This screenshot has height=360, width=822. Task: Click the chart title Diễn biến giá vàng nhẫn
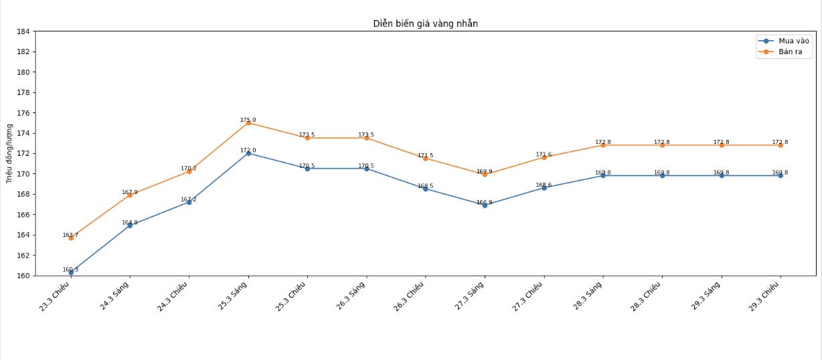[425, 23]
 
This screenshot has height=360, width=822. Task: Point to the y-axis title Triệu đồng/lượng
[9, 153]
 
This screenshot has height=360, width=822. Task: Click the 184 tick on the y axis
[23, 31]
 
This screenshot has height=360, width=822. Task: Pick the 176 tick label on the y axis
[23, 113]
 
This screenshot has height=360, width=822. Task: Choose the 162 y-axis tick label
[23, 256]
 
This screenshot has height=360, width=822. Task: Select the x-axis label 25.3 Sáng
[234, 296]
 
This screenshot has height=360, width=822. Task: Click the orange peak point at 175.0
[248, 123]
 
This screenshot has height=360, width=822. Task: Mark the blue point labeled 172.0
[248, 153]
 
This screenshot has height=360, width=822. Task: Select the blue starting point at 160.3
[71, 272]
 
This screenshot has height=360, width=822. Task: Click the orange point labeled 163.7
[71, 238]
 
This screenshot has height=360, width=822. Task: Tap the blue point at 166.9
[485, 205]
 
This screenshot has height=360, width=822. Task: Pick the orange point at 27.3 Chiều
[544, 157]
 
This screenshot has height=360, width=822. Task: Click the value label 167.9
[130, 193]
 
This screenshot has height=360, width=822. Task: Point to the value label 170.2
[189, 169]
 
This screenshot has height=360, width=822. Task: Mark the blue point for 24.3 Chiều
[189, 202]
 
